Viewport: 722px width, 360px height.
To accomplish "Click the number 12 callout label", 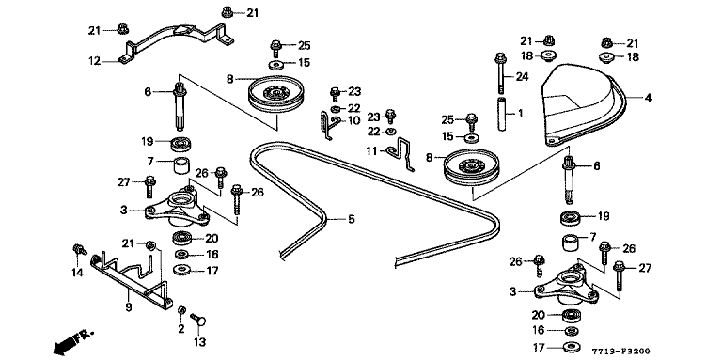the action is (x=94, y=61).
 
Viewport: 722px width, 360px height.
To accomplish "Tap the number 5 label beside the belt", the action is (x=352, y=219).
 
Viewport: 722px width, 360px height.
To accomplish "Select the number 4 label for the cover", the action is (x=648, y=98).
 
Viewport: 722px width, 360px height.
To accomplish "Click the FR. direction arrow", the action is (x=71, y=341).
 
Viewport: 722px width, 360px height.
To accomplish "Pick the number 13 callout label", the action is (x=199, y=342).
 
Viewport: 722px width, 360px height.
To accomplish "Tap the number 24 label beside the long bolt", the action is (x=522, y=77).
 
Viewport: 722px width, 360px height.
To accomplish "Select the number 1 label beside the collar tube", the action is (x=520, y=113).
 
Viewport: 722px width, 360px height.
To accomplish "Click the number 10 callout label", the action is (x=353, y=120).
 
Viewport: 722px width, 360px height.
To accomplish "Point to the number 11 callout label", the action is (x=371, y=151).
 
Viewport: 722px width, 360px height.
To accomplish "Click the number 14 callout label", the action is (x=77, y=273).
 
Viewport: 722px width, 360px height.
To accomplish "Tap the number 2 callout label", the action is (x=180, y=329).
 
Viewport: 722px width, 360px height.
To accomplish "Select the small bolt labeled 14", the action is (x=79, y=250).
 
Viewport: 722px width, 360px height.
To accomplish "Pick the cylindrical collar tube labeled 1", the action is (x=502, y=115).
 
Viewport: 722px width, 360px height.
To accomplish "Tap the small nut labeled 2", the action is (x=181, y=311).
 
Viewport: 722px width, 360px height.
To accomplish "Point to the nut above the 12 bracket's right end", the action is (x=227, y=12).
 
